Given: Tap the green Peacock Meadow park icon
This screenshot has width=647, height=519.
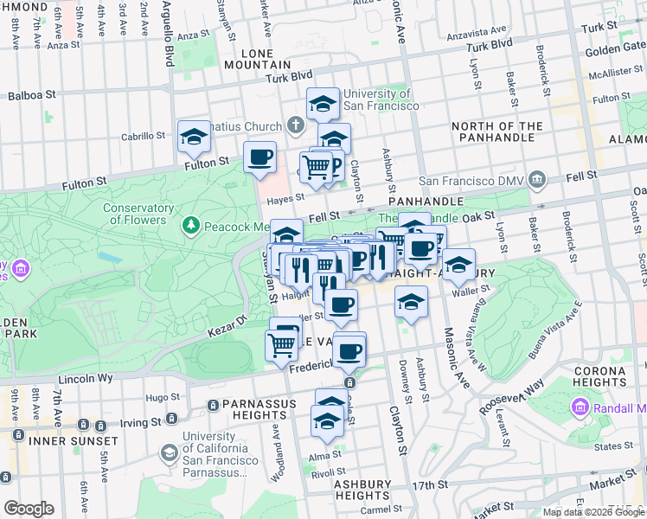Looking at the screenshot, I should coord(191,226).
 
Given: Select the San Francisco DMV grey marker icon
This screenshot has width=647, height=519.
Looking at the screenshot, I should coord(537,180).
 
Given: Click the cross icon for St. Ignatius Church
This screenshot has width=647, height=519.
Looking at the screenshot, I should coord(295,126).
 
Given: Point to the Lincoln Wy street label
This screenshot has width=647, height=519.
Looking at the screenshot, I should coord(86,379).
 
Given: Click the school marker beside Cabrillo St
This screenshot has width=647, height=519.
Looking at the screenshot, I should coord(195,137).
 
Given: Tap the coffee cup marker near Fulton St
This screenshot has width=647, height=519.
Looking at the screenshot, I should coord(259,157).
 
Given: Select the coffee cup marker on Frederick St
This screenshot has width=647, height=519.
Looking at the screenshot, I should coord(349,350).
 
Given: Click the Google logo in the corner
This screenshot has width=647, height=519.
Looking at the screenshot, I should coord(29,509).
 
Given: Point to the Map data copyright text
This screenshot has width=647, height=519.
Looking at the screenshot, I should coord(593,512).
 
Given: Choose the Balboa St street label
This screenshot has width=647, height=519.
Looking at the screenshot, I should coord(31,93).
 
